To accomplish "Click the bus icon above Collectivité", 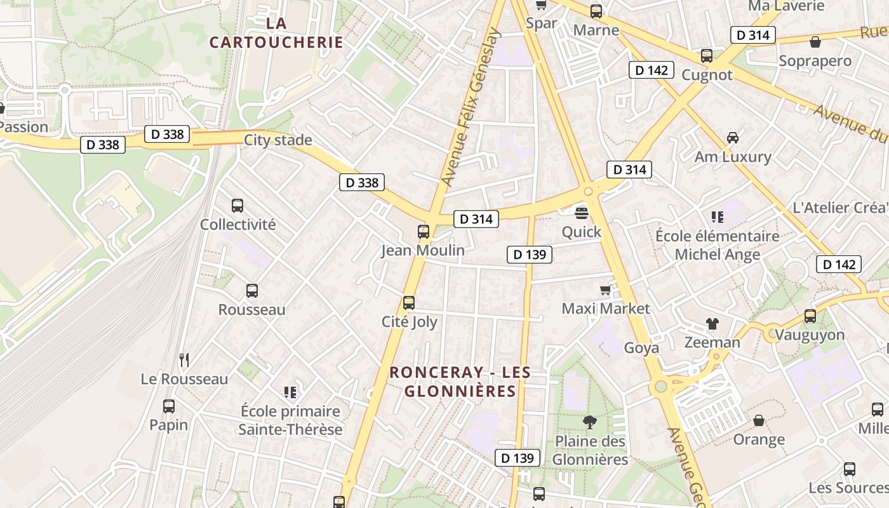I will point(237,206).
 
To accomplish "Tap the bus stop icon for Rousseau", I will point(252,291).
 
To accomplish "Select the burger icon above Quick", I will point(582,213).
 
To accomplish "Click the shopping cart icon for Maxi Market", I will point(605,290).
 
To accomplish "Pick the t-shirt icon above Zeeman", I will point(712,324).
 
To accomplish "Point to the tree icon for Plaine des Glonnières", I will point(590,422).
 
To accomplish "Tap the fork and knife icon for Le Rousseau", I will point(184,360).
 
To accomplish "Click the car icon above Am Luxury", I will point(733,138).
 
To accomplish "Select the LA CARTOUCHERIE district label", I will point(276,33).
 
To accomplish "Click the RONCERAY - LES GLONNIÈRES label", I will point(460,382).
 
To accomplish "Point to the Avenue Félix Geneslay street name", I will point(471,108).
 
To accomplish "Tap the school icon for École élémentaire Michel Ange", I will point(718,217).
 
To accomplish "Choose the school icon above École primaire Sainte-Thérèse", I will point(290,392).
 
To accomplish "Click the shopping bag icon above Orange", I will point(759,420).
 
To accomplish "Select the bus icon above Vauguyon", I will point(810,316).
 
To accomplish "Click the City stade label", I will point(278,140).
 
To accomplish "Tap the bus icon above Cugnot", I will point(707,56).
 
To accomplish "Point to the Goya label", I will point(641,347).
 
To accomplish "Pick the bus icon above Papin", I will point(169,406).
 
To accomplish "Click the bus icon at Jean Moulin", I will point(424,231).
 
